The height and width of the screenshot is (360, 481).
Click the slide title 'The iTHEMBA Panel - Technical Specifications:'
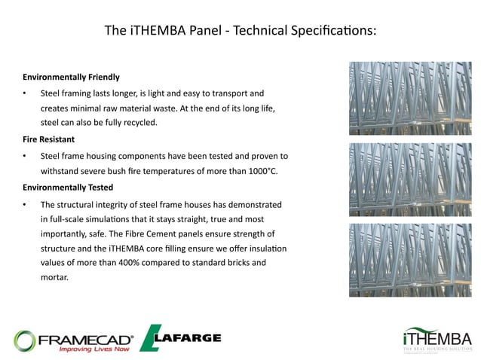[x=240, y=31]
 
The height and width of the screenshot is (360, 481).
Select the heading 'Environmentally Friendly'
[x=71, y=78]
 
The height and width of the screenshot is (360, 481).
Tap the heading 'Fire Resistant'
[x=49, y=139]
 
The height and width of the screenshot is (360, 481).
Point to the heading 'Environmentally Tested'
[x=68, y=187]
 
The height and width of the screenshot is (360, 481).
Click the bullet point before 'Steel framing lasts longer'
[x=25, y=93]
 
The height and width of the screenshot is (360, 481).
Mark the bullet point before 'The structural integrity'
[x=25, y=204]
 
